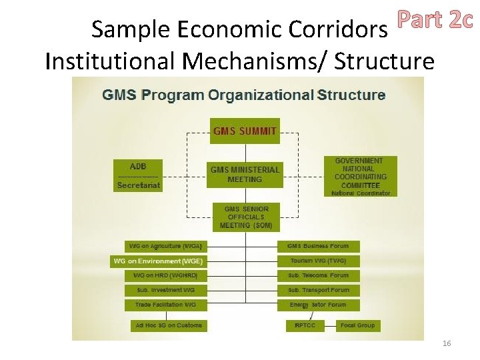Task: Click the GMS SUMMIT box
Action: tap(245, 131)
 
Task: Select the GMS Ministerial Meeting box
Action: tap(245, 174)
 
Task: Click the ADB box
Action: tap(138, 167)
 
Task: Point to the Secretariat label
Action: tap(138, 185)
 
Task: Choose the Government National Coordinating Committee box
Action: tap(359, 176)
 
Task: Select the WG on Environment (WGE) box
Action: tap(158, 261)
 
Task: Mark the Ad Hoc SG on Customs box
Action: tap(169, 325)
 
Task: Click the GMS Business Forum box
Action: tap(318, 247)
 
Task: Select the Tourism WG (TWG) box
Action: tap(318, 261)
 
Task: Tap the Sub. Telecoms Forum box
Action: tap(318, 275)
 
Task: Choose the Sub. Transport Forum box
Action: tap(318, 290)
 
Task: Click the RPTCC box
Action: tap(305, 325)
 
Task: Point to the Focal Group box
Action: tap(357, 325)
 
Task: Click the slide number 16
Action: tap(447, 343)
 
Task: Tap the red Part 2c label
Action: tap(435, 21)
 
